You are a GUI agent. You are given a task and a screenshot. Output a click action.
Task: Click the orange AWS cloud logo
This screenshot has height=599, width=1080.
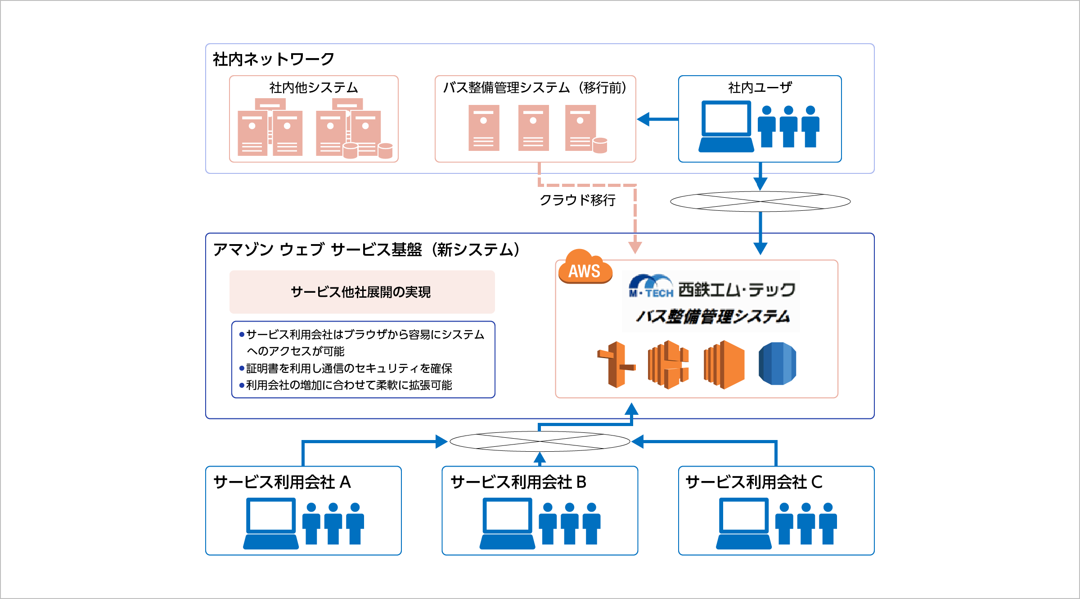585,268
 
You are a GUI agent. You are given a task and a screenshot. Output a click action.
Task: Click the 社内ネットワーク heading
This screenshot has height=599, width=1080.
273,59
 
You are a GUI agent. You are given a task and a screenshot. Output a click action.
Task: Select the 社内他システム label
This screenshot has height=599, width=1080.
313,87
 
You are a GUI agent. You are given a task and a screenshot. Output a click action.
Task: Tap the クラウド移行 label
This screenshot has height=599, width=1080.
577,200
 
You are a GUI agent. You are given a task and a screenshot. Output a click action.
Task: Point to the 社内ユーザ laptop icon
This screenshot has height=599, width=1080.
726,127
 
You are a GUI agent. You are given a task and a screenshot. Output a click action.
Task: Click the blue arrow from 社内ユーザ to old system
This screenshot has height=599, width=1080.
657,119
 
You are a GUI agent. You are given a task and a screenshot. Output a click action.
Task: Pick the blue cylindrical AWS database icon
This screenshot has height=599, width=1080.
777,364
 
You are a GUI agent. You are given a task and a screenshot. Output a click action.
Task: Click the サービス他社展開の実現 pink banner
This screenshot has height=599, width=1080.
362,292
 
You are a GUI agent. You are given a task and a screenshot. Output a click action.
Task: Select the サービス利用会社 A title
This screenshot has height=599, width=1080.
282,482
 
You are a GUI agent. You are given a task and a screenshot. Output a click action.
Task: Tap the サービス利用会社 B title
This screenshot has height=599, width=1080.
518,482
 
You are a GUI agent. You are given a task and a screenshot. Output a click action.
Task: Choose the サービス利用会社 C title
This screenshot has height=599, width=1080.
754,482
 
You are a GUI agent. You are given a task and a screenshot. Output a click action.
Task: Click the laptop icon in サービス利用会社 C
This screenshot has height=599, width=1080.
744,524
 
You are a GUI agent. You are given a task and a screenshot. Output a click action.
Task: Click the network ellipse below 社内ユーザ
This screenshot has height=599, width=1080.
760,201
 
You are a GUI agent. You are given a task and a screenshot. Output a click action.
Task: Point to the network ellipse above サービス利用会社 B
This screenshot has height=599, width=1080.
540,441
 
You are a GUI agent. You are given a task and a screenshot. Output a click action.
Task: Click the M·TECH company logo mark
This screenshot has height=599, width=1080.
651,286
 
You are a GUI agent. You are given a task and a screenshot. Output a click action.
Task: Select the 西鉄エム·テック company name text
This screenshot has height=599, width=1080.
737,290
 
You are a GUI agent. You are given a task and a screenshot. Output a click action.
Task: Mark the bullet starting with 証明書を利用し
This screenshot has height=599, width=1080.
349,368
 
